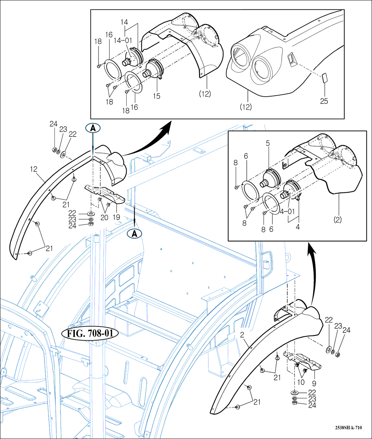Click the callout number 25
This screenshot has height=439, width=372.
point(324,101)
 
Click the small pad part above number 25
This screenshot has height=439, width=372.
point(324,79)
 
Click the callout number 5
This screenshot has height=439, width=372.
point(268,143)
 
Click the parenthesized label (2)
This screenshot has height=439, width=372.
point(338,220)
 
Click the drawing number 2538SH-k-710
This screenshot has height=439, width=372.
point(348,428)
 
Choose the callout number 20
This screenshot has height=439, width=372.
point(104,217)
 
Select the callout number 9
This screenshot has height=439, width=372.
point(314,383)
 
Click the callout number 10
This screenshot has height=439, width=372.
point(301,383)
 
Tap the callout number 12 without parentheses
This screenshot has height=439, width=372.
point(34,169)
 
